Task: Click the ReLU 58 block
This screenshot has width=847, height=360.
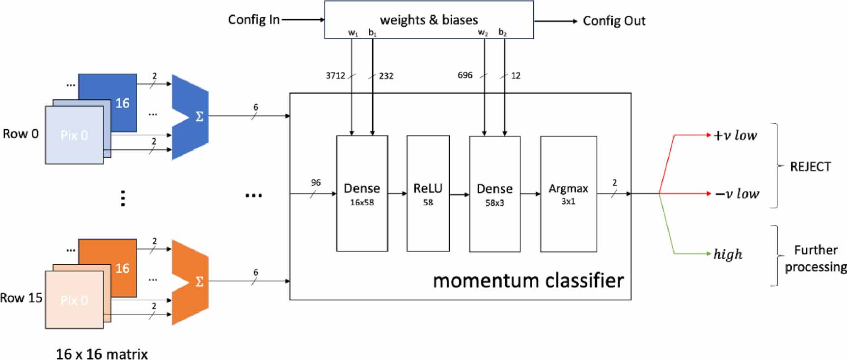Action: point(428,194)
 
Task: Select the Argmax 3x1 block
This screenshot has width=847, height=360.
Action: point(568,194)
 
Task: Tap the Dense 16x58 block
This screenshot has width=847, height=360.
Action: point(362,194)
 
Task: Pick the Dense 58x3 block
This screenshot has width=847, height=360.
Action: point(494,194)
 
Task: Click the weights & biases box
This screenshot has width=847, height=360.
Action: point(429,20)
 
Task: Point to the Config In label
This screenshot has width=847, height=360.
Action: point(253,20)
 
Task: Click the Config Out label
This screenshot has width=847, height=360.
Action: point(614,21)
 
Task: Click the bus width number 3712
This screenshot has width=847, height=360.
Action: point(335,75)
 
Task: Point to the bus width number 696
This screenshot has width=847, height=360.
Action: point(465,75)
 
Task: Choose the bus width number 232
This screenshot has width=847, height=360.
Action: point(386,76)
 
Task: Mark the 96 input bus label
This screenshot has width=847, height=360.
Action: point(316,183)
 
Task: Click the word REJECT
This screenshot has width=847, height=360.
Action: point(810,166)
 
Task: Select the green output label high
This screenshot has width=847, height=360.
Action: point(728,254)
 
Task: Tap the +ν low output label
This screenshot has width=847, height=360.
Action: point(735,135)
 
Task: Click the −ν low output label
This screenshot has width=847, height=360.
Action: point(737,194)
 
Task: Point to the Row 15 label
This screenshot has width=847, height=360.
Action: point(21,298)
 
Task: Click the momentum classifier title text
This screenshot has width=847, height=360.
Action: point(528,280)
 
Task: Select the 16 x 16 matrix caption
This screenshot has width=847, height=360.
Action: point(102,354)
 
